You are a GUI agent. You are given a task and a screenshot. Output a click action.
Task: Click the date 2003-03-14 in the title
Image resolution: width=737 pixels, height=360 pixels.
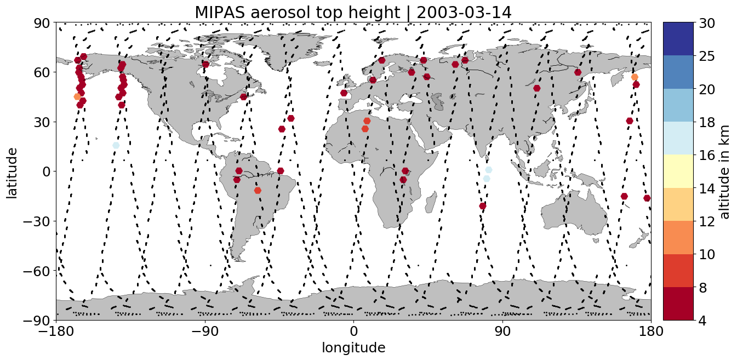pos(464,13)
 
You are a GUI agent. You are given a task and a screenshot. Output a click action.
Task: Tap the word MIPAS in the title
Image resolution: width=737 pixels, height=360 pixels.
pos(220,13)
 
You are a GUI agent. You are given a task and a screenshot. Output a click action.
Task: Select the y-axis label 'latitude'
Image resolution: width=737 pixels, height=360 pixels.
pos(12,173)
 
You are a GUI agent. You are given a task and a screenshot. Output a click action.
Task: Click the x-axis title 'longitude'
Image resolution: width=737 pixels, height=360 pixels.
pos(353,347)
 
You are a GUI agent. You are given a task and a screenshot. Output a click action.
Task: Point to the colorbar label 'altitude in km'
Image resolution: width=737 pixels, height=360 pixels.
pos(724,172)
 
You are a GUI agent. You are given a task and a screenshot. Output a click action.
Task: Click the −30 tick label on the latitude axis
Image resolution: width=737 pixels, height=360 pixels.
pos(36,221)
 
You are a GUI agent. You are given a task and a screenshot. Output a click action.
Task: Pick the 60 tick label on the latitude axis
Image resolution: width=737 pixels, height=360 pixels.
pos(42,72)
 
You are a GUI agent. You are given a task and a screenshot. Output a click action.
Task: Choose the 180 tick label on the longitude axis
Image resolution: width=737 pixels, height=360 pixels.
pos(651,331)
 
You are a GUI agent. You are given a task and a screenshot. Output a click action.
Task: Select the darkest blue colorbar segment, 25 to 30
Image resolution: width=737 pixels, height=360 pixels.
pos(678,39)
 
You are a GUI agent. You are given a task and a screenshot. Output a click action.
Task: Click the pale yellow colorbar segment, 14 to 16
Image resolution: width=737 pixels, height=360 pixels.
pos(678,171)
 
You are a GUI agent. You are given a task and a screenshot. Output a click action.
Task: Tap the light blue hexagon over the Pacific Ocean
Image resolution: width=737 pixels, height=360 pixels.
pos(116,145)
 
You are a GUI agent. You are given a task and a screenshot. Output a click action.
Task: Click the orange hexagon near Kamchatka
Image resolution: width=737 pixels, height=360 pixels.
pos(635,77)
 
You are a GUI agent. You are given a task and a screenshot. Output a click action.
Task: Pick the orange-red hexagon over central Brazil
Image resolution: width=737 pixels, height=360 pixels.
pos(258,191)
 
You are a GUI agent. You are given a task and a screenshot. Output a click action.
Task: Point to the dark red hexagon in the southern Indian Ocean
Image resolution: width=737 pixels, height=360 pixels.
pos(483,206)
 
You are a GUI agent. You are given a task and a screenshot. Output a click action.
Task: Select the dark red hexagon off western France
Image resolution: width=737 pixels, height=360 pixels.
pos(344,93)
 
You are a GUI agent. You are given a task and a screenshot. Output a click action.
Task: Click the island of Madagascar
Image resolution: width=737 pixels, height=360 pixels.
pos(430,202)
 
